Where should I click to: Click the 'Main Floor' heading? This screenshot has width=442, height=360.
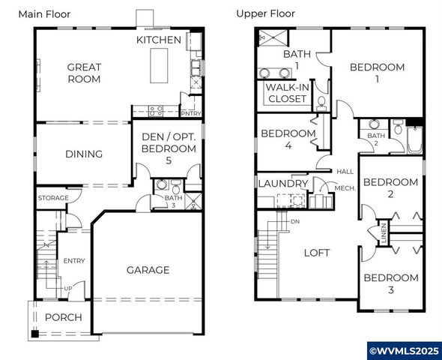(x=49, y=13)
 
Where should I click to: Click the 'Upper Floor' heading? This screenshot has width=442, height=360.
(x=265, y=13)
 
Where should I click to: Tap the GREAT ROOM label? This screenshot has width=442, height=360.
(x=84, y=73)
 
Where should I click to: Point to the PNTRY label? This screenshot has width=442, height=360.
(x=191, y=113)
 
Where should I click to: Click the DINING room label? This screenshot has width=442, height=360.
(x=84, y=154)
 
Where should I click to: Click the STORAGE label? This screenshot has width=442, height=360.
(x=53, y=198)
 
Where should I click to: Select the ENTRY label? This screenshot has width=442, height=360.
(x=74, y=261)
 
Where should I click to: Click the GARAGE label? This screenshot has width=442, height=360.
(x=148, y=270)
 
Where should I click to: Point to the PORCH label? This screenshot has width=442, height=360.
(x=64, y=317)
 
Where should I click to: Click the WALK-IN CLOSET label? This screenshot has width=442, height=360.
(x=286, y=93)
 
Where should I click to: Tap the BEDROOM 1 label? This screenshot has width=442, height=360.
(x=377, y=73)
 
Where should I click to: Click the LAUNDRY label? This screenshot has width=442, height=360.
(x=282, y=183)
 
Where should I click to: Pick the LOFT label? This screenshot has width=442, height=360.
(x=316, y=253)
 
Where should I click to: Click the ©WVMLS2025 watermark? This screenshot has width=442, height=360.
(x=402, y=350)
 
